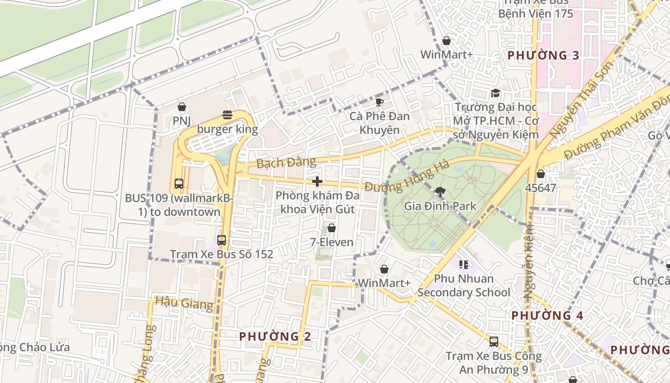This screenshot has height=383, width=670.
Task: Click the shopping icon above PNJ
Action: (181, 107)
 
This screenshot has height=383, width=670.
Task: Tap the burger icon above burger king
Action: (227, 115)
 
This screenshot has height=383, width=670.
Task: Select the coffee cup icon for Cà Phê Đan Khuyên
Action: (379, 102)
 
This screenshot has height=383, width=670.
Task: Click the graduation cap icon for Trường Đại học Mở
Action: (495, 93)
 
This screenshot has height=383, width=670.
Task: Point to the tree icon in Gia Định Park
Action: (440, 192)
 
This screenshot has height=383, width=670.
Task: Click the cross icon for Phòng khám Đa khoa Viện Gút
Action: (317, 181)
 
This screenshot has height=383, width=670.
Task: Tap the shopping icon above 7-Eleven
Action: (331, 228)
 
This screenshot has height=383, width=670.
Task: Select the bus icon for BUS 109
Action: (179, 183)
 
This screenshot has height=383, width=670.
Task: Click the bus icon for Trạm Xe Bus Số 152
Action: (222, 240)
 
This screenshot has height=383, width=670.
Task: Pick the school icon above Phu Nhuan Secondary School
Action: (463, 264)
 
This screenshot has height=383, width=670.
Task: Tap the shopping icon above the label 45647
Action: (540, 174)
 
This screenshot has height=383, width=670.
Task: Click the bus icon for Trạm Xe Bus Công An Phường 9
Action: (493, 342)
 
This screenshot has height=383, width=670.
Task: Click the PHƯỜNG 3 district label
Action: (543, 56)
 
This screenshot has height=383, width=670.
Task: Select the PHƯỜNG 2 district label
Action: (275, 337)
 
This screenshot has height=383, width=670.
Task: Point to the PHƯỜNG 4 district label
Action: (547, 315)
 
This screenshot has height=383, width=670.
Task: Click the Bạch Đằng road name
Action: (286, 163)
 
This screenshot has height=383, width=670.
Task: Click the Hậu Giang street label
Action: (184, 303)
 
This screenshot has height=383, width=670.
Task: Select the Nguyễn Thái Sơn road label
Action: (581, 100)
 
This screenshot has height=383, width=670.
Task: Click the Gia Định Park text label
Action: (440, 206)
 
